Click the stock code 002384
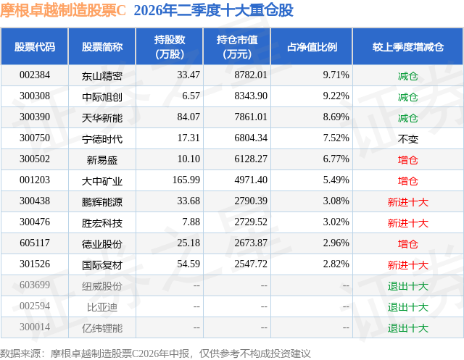[35, 75]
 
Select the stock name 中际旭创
[102, 97]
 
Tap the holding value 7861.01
[251, 117]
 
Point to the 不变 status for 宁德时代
[407, 139]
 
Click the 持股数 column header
[170, 46]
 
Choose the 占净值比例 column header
[312, 47]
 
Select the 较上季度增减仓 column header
[408, 47]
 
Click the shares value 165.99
[186, 180]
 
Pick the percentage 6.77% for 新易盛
[336, 159]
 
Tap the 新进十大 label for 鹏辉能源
[407, 202]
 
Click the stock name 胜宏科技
[102, 223]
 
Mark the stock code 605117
[35, 243]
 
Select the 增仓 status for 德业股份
[407, 244]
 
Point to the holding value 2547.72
[251, 264]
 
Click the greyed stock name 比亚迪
[102, 307]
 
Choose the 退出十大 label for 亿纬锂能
[407, 328]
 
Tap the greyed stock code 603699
[35, 285]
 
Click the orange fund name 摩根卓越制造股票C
[63, 10]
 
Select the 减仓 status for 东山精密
[407, 76]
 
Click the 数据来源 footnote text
[155, 353]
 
